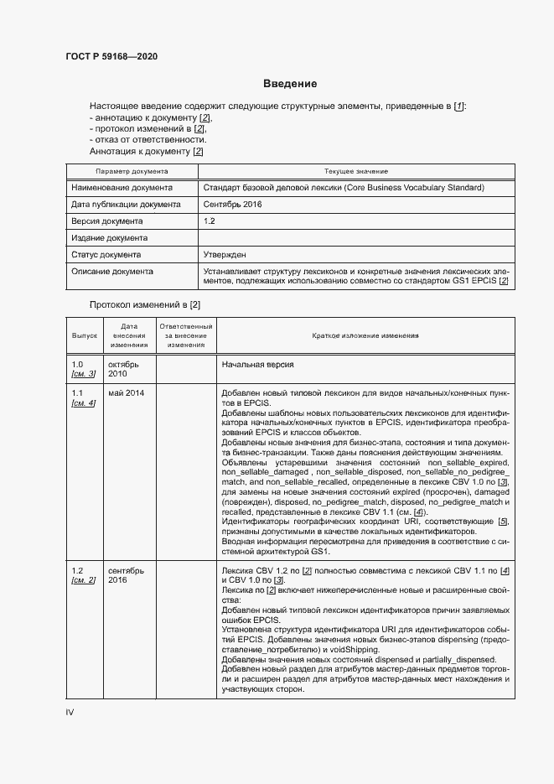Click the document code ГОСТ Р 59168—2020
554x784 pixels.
(x=111, y=56)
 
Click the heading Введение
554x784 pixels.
(x=289, y=84)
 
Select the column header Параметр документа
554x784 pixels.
(x=132, y=171)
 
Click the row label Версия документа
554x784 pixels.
(x=106, y=221)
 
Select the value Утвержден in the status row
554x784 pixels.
(x=224, y=255)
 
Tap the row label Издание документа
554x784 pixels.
(x=109, y=238)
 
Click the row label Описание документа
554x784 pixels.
(x=112, y=272)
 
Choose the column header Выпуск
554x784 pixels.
(x=84, y=335)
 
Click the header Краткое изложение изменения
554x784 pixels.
(x=365, y=335)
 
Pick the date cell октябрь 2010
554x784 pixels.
(x=122, y=369)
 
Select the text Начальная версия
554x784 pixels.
(x=257, y=365)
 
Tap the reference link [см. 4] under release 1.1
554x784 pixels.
(x=84, y=403)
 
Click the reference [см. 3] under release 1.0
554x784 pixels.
(x=84, y=374)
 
